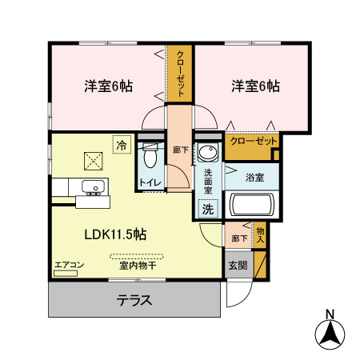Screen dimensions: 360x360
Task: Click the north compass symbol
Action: coord(328,331)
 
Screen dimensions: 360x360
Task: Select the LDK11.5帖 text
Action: coord(115,234)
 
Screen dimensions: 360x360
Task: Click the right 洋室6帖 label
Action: coord(256,86)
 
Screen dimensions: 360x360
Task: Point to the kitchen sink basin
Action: coord(94,189)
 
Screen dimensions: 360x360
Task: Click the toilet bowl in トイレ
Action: coord(150,158)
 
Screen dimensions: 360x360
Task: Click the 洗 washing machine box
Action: coord(207,209)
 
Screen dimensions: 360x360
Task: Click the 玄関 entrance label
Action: coord(237,266)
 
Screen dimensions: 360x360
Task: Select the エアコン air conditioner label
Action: coord(69,264)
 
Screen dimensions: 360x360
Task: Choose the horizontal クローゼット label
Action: coord(253,142)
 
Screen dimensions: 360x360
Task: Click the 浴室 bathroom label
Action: coord(255,176)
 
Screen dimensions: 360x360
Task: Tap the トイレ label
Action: coord(150,182)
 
